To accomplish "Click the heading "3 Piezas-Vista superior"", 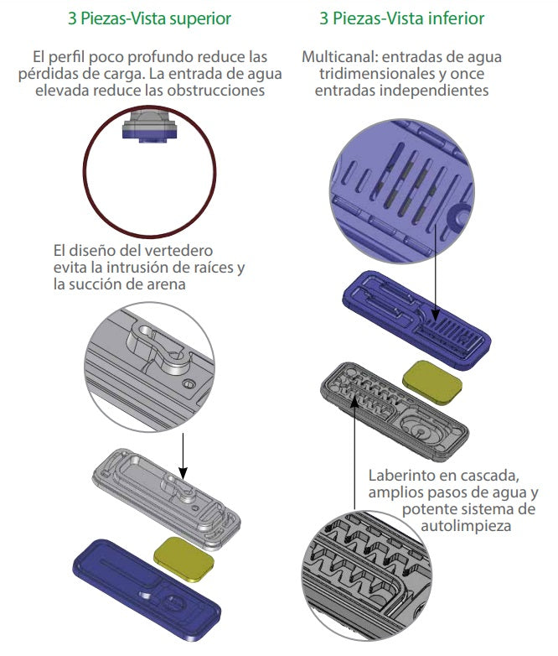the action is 149,18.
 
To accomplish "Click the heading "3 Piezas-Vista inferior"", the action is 401,18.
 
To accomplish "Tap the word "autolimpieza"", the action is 466,526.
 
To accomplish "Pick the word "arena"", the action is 167,284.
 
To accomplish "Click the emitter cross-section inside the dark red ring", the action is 150,126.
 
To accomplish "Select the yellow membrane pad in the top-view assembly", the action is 184,559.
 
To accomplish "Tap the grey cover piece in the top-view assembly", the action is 167,497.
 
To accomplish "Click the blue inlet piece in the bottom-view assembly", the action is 416,320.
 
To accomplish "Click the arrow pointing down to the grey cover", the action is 183,456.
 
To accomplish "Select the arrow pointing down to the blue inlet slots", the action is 436,273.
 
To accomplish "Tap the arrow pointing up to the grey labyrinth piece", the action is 354,453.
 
